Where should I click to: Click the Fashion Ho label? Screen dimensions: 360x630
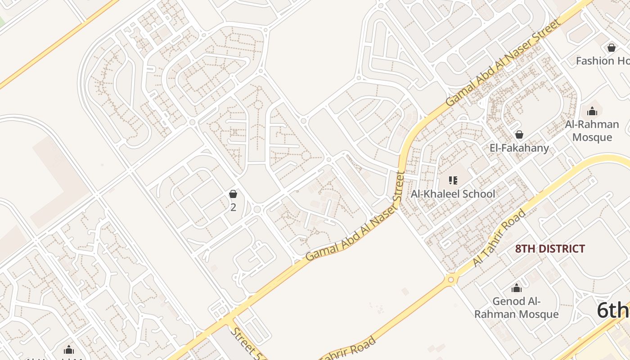tap(602, 61)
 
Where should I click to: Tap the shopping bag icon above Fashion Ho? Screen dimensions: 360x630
tap(612, 47)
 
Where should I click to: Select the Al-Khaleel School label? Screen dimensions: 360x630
tap(453, 194)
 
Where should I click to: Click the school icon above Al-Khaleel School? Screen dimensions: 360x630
tap(453, 180)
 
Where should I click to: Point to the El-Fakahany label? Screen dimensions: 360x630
tap(519, 148)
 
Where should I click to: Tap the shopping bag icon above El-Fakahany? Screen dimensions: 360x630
tap(519, 135)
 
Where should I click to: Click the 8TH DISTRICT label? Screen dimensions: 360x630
tap(550, 249)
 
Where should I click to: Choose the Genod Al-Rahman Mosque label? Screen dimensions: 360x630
tap(517, 308)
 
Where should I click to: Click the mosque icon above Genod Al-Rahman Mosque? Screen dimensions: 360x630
tap(517, 288)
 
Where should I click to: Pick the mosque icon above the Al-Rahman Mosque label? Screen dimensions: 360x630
tap(592, 111)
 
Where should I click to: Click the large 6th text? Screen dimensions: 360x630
tap(613, 310)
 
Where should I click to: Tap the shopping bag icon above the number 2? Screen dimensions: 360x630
tap(233, 194)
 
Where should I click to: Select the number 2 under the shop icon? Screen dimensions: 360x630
tap(233, 207)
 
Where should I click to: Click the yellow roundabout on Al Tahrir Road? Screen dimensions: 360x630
tap(450, 280)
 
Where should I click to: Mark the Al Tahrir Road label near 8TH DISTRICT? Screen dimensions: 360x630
tap(499, 238)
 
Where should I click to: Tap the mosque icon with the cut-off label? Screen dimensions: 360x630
tap(69, 350)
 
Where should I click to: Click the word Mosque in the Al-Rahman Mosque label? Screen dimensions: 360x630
tap(592, 137)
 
